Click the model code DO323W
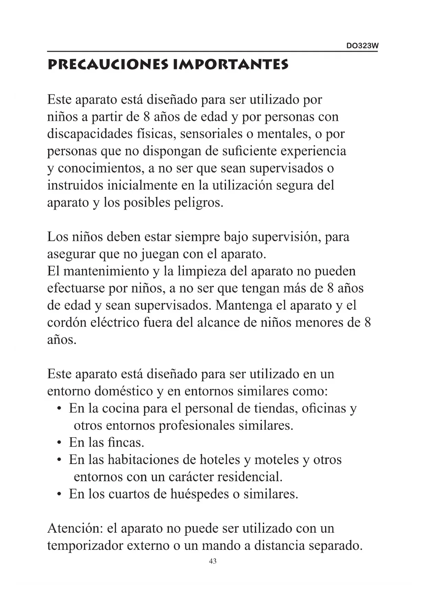click(x=362, y=46)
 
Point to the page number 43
click(x=212, y=561)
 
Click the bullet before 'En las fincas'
click(x=59, y=443)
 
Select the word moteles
click(x=276, y=460)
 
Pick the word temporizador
click(x=85, y=545)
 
